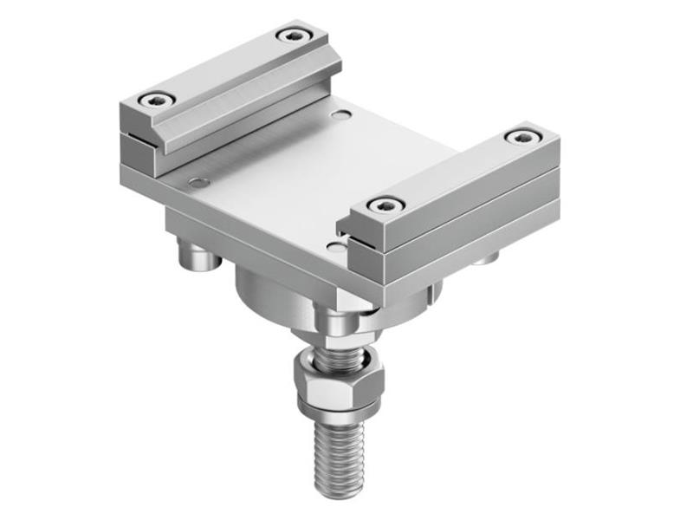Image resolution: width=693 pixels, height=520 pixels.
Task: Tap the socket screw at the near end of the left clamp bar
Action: tap(157, 99)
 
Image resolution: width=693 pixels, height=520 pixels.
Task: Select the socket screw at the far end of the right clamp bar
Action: tap(521, 137)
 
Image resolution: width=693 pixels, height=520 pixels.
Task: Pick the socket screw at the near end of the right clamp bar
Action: tap(385, 205)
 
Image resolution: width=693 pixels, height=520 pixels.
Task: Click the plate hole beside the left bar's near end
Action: tap(200, 183)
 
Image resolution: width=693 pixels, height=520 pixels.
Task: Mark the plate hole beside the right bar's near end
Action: tap(334, 247)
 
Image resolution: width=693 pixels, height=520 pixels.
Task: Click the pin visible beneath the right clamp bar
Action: tap(488, 257)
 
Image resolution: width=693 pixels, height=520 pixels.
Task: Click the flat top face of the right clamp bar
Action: tap(450, 173)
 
